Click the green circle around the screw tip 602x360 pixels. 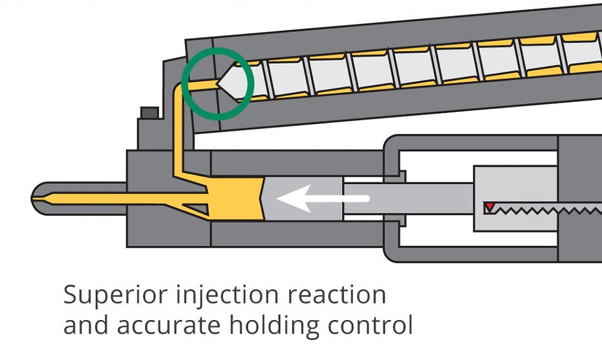click(217, 49)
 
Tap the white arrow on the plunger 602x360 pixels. click(322, 198)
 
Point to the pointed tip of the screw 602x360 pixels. click(217, 83)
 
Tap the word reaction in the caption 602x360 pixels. click(337, 295)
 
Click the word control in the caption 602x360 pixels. click(370, 324)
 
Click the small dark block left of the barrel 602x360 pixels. click(150, 113)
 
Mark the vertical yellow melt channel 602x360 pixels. click(178, 130)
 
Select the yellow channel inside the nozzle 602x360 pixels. click(115, 198)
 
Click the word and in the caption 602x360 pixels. click(85, 324)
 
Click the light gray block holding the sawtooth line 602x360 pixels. click(515, 198)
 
